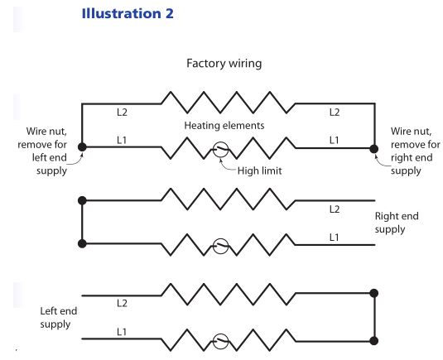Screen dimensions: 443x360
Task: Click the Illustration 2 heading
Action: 128,13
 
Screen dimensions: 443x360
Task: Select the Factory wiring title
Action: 224,63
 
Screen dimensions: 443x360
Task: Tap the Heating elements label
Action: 224,125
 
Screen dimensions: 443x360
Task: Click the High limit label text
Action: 260,170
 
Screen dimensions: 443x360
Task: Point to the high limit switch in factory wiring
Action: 220,149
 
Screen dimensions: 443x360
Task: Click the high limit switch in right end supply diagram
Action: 220,246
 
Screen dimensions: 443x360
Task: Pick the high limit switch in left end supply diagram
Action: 220,341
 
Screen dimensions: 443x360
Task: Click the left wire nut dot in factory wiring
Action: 82,147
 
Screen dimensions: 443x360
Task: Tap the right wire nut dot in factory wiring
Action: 374,149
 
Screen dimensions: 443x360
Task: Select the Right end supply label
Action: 397,223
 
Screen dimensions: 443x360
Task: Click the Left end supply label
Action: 59,317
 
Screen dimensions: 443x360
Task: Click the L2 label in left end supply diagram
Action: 122,303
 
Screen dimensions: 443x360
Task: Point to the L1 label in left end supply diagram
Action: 122,332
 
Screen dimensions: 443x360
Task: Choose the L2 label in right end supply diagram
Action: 335,209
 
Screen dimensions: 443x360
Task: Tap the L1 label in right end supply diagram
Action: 335,238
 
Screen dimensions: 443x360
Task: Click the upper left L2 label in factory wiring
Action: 122,113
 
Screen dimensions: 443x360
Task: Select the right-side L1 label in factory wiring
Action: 335,140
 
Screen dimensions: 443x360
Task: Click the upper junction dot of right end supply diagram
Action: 82,200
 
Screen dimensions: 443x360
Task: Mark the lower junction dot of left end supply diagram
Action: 374,341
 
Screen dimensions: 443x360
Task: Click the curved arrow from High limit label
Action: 225,167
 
